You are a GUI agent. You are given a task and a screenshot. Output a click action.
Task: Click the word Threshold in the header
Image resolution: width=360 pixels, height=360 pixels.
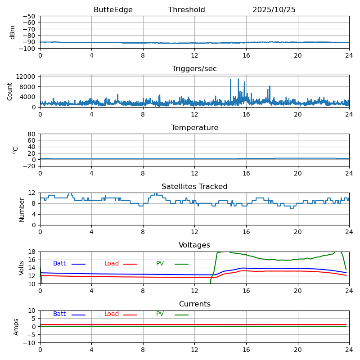pyautogui.click(x=186, y=10)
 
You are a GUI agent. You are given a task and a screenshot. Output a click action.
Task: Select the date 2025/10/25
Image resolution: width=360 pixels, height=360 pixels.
pyautogui.click(x=274, y=10)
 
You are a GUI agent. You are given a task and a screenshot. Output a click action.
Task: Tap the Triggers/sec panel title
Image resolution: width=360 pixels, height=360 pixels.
pyautogui.click(x=194, y=69)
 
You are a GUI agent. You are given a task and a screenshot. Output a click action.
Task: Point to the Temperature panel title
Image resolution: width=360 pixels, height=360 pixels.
pyautogui.click(x=194, y=128)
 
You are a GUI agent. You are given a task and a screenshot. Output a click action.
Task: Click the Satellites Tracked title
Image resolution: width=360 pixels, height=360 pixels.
pyautogui.click(x=194, y=187)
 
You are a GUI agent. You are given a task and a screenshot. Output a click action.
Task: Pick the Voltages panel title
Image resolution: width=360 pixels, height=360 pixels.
pyautogui.click(x=194, y=245)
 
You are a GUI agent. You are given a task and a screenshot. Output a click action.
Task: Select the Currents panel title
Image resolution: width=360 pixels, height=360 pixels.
pyautogui.click(x=194, y=304)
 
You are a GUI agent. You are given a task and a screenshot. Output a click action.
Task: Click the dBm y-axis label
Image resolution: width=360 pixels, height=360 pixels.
pyautogui.click(x=13, y=32)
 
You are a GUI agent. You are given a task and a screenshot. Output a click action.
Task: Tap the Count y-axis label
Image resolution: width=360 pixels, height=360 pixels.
pyautogui.click(x=10, y=91)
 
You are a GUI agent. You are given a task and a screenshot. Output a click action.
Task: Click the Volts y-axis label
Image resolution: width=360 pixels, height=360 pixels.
pyautogui.click(x=22, y=268)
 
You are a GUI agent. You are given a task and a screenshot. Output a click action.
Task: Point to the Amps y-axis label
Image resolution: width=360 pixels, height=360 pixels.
pyautogui.click(x=16, y=327)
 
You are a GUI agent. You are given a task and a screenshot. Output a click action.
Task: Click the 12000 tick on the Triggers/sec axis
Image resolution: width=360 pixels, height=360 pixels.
pyautogui.click(x=26, y=77)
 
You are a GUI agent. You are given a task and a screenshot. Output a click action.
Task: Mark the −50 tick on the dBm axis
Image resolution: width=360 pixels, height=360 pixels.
pyautogui.click(x=29, y=16)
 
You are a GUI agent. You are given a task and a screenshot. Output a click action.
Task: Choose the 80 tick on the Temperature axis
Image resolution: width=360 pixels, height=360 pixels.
pyautogui.click(x=32, y=134)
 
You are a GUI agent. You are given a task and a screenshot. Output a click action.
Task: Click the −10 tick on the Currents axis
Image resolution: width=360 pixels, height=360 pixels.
pyautogui.click(x=29, y=343)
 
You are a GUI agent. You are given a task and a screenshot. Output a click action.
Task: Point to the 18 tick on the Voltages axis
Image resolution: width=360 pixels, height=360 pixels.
pyautogui.click(x=32, y=252)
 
